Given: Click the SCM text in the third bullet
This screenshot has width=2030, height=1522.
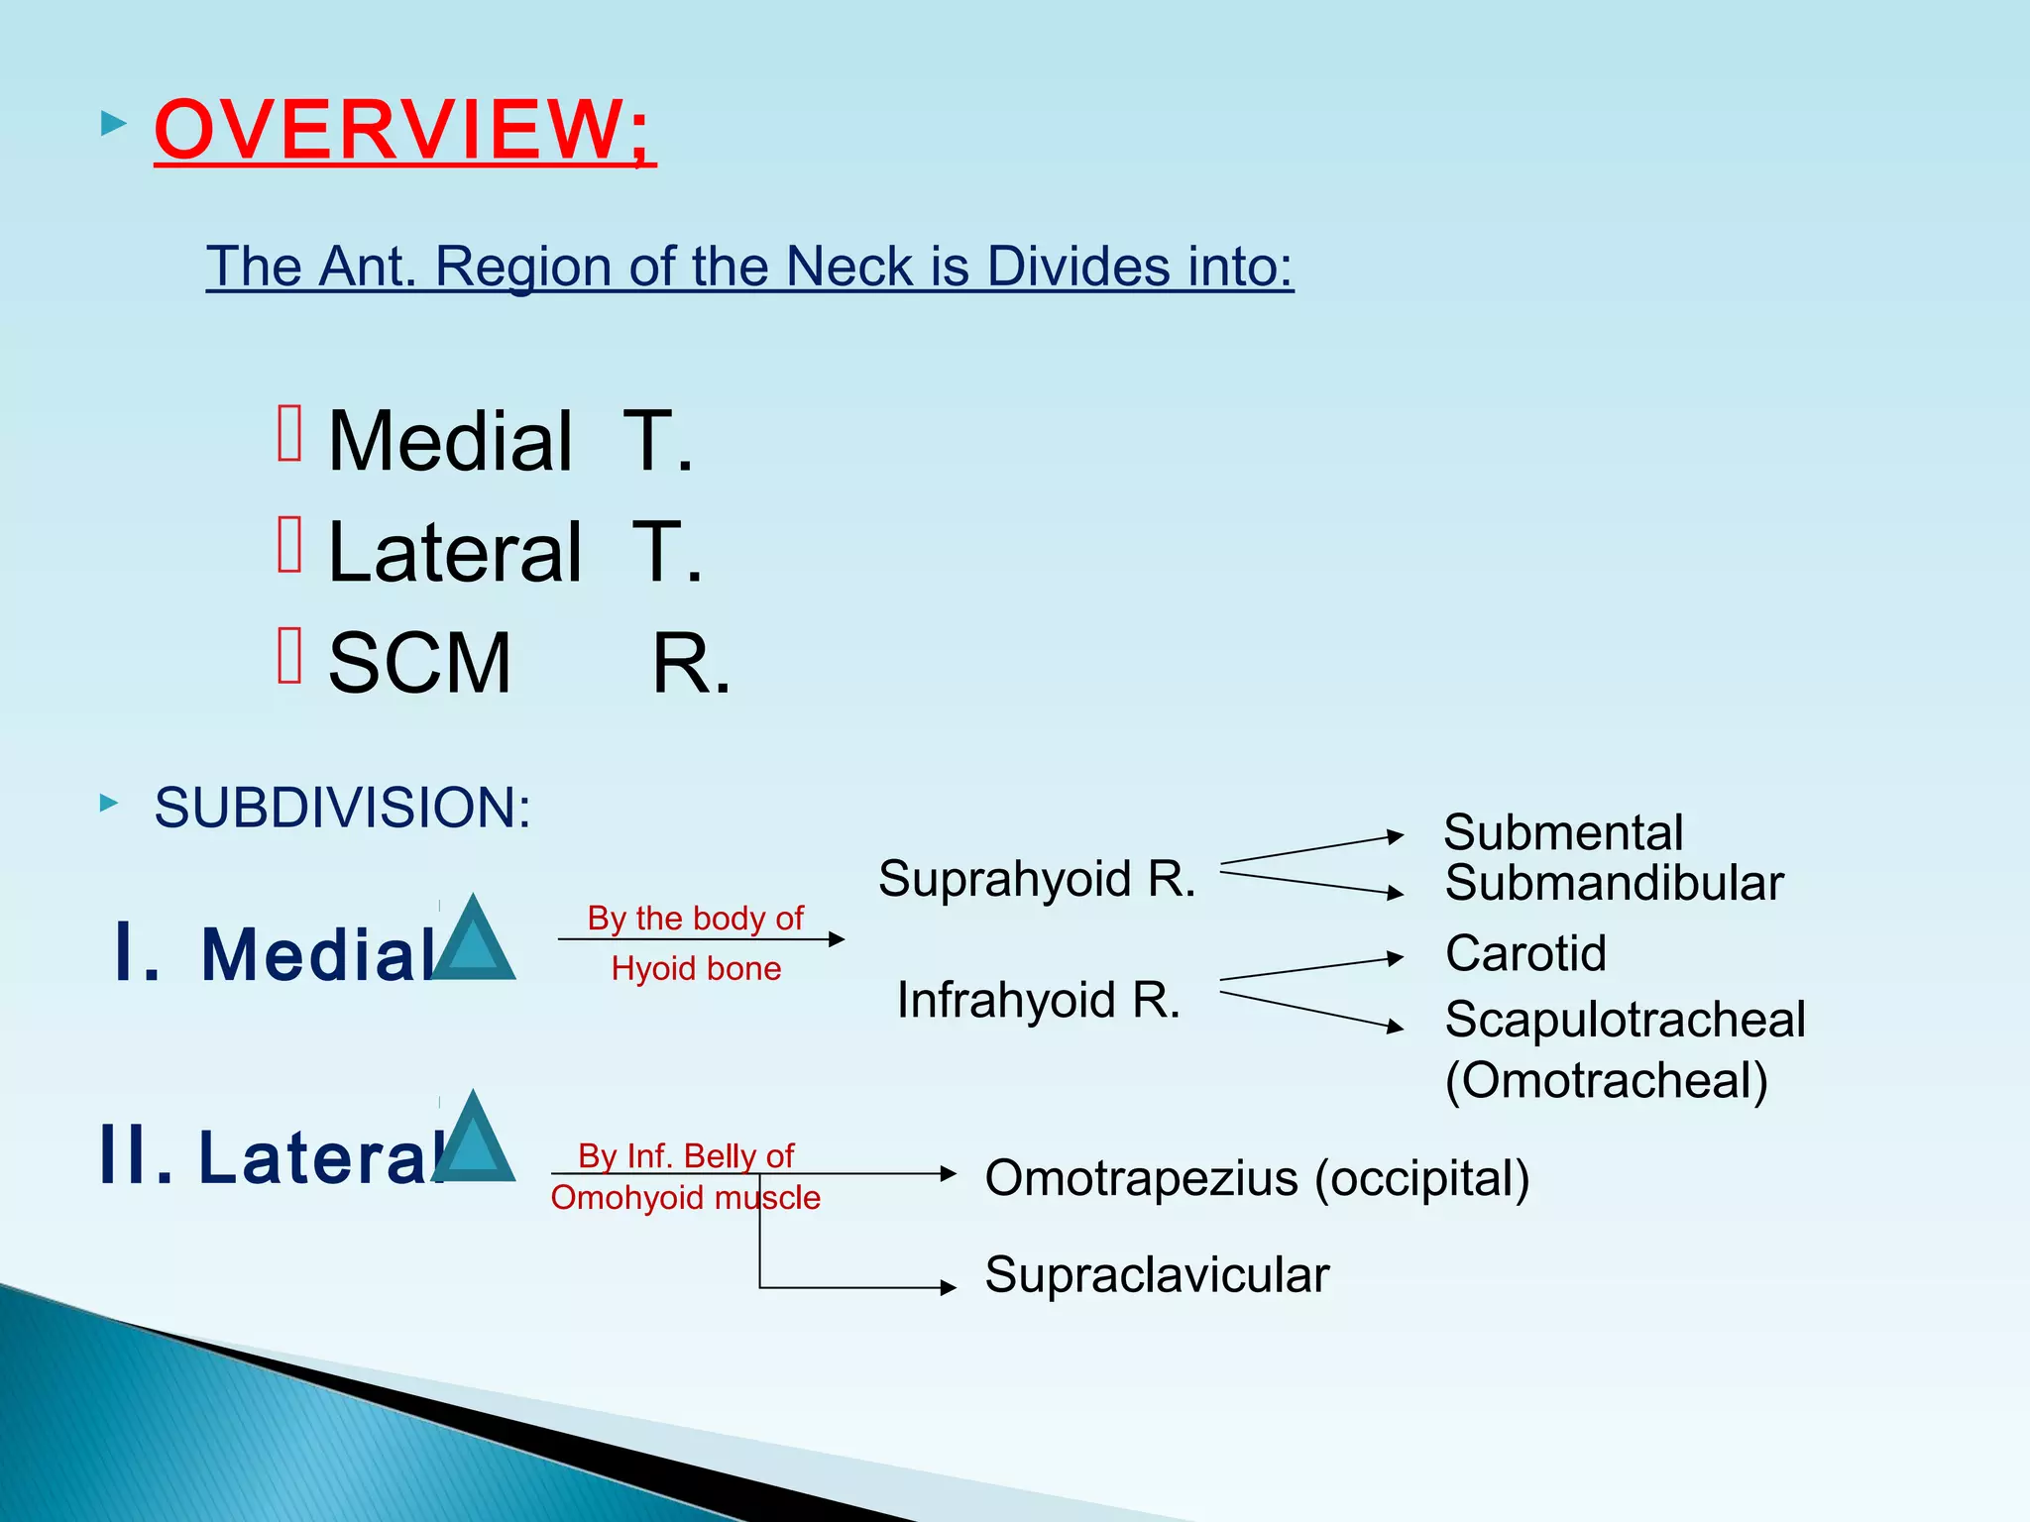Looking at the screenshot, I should click(x=419, y=663).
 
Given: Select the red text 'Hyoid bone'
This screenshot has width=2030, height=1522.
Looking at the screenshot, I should click(x=696, y=968).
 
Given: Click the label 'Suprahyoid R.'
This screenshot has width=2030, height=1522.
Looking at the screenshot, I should click(x=1037, y=879).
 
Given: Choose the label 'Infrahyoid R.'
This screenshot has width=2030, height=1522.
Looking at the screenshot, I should click(x=1039, y=1000).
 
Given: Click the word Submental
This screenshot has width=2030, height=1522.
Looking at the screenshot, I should click(x=1563, y=832).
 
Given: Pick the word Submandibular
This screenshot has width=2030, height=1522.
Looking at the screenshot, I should click(x=1614, y=883).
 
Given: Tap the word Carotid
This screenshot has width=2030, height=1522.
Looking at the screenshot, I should click(x=1525, y=953).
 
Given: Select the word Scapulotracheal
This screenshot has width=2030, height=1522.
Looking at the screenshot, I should click(x=1625, y=1020).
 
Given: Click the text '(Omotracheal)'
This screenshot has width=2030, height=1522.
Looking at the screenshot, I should click(x=1606, y=1080).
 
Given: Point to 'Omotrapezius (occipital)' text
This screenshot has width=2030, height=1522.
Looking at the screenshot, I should click(x=1257, y=1178).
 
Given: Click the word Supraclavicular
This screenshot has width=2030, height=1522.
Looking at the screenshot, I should click(x=1157, y=1274).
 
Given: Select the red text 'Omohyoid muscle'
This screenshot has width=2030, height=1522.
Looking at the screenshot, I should click(x=685, y=1198).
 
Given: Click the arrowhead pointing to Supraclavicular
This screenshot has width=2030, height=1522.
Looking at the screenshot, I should click(x=949, y=1287).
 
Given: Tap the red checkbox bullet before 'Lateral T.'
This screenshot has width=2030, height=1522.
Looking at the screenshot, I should click(x=289, y=545).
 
